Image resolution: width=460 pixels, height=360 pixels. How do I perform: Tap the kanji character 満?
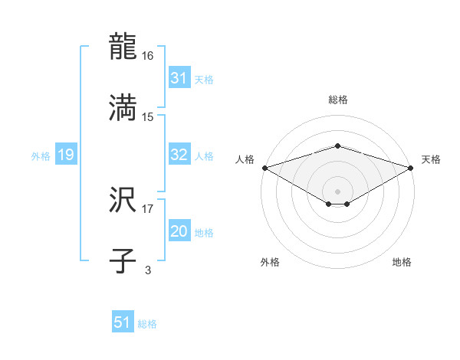(x=124, y=107)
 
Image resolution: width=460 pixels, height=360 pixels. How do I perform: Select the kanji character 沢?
(x=124, y=201)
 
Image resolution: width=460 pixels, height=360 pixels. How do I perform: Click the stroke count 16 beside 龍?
(x=149, y=57)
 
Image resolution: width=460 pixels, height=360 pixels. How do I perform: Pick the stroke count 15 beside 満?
(x=149, y=116)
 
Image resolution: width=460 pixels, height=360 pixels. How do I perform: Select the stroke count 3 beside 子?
(x=148, y=270)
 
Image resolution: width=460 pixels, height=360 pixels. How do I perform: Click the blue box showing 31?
(x=179, y=78)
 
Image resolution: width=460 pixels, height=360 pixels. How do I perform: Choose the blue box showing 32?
(x=179, y=155)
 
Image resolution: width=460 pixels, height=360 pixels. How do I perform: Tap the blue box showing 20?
(x=179, y=231)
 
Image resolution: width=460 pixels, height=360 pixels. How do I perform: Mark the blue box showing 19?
(x=65, y=155)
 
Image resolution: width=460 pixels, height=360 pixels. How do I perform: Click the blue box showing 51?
(x=123, y=322)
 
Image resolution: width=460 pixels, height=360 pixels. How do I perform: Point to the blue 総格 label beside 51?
(x=147, y=324)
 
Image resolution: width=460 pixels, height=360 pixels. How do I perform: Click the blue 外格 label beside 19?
(x=41, y=155)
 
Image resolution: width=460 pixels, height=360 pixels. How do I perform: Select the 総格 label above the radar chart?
(x=337, y=100)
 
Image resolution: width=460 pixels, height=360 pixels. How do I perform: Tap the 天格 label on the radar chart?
(x=431, y=159)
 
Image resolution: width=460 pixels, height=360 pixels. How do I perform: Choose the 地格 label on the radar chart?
(x=402, y=262)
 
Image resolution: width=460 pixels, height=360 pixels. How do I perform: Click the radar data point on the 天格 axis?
(x=411, y=167)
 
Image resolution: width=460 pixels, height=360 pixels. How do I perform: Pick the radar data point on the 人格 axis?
(x=264, y=167)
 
